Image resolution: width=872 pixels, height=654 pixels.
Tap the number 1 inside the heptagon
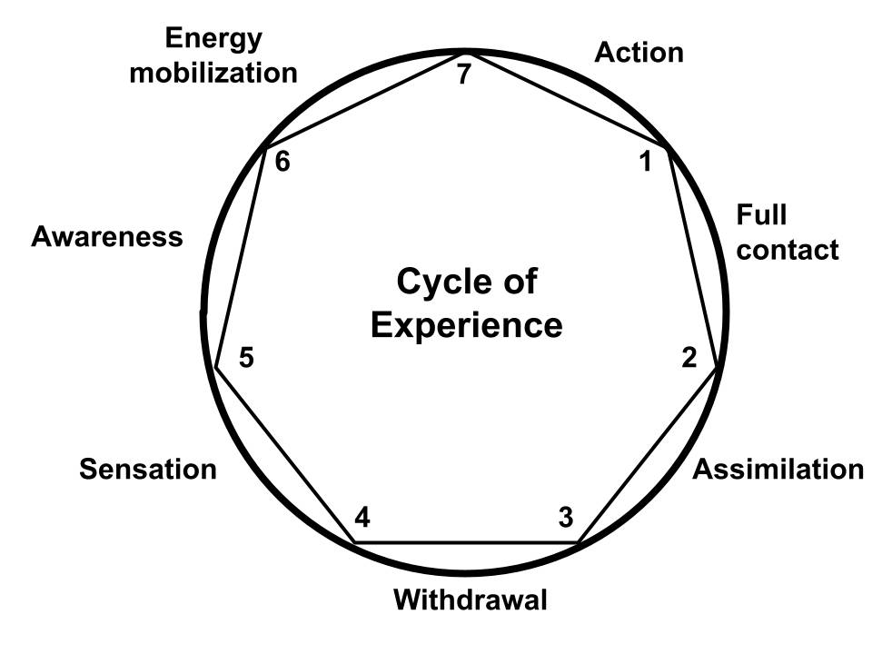click(x=646, y=163)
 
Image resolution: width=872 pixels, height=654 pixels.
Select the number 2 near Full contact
click(x=689, y=358)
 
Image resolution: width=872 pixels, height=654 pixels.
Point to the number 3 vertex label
click(x=565, y=518)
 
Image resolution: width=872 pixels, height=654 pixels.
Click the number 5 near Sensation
click(x=245, y=358)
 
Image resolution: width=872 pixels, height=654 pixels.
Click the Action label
click(x=639, y=53)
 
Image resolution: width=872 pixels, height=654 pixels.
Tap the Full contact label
click(x=787, y=232)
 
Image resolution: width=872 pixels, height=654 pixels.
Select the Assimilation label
click(x=778, y=469)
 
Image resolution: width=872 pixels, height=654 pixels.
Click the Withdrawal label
click(x=471, y=600)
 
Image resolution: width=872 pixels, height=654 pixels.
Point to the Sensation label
click(x=148, y=469)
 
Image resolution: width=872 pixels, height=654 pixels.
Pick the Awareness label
click(x=107, y=237)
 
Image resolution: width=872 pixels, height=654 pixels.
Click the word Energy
click(x=213, y=39)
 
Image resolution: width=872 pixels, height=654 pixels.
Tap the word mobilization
click(x=213, y=73)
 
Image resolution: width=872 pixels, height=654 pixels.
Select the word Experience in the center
click(x=467, y=324)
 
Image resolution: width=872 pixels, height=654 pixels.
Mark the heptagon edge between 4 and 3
click(x=465, y=543)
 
